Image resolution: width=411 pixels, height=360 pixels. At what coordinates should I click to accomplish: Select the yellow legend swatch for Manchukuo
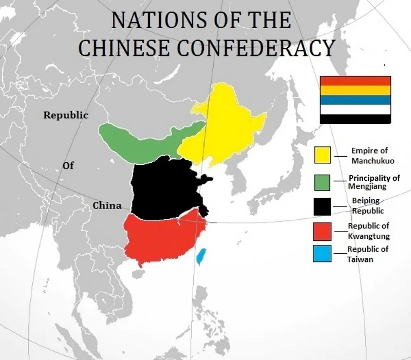tap(323, 155)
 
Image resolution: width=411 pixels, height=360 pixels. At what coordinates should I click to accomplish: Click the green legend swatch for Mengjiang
tap(322, 182)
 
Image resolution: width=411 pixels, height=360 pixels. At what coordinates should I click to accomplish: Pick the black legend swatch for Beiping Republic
tap(322, 206)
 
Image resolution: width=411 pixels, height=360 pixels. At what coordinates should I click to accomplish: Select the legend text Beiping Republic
tap(368, 206)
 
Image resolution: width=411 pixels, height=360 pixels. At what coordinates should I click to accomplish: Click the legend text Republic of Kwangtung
tap(368, 231)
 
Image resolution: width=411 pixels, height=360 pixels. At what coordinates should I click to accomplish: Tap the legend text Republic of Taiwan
tap(367, 254)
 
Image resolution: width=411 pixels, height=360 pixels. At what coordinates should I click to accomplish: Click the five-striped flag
tap(355, 100)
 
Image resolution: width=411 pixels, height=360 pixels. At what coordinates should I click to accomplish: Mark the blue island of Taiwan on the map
tap(201, 255)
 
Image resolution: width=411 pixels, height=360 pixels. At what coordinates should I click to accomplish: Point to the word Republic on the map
tap(65, 116)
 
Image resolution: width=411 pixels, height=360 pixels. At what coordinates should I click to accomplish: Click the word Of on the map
tap(68, 165)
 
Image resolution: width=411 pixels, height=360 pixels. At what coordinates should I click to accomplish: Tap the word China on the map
tap(107, 206)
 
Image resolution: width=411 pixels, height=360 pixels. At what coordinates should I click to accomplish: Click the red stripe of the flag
tap(355, 81)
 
